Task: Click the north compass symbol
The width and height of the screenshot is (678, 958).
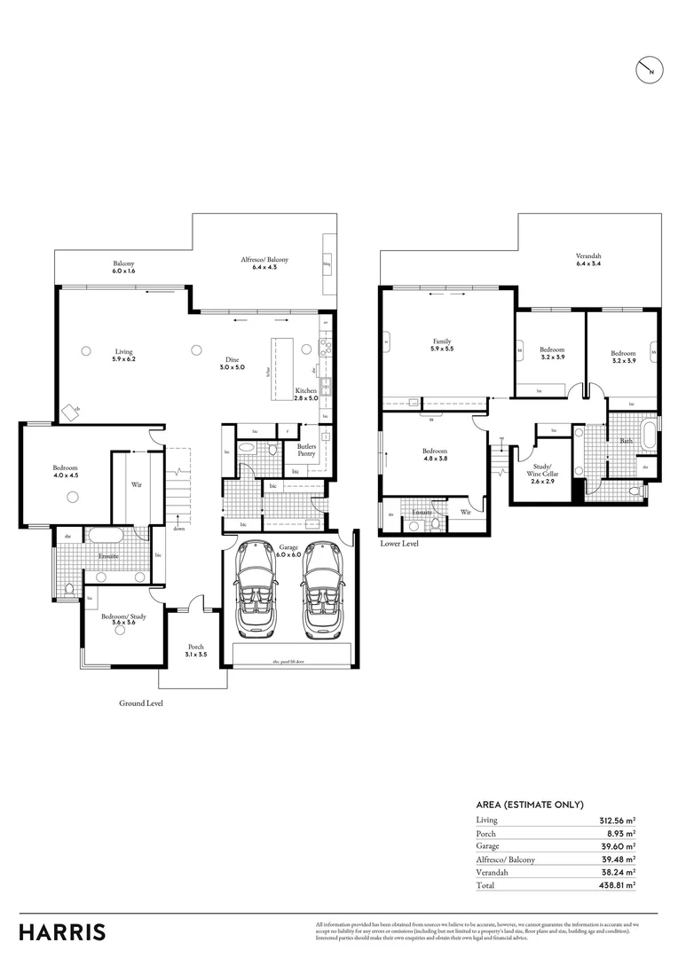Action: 650,70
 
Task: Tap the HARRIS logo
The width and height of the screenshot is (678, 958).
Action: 62,932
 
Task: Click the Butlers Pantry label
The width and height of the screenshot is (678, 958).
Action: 307,450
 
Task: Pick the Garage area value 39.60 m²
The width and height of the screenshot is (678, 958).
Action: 618,846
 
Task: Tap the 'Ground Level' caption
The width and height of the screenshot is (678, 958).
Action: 141,703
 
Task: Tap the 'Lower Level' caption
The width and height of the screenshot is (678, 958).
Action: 399,543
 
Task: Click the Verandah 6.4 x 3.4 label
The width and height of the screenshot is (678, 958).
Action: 589,260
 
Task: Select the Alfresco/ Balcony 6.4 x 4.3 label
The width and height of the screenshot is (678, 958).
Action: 264,263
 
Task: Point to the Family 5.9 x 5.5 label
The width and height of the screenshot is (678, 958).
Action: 442,345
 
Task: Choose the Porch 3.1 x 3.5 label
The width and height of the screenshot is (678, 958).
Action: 196,650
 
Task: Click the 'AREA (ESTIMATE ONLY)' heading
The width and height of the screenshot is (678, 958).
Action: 530,805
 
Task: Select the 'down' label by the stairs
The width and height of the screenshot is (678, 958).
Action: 179,529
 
